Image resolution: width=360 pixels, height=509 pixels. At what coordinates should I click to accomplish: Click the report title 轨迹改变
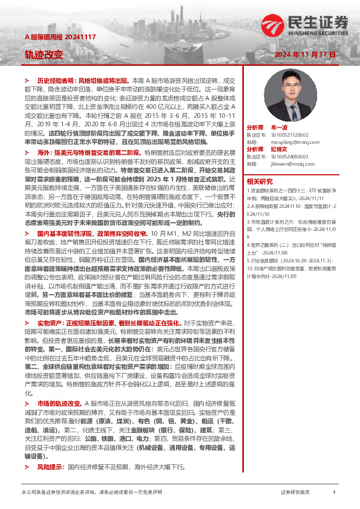click(44, 54)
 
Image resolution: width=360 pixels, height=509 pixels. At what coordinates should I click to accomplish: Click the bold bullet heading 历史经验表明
click(57, 80)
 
